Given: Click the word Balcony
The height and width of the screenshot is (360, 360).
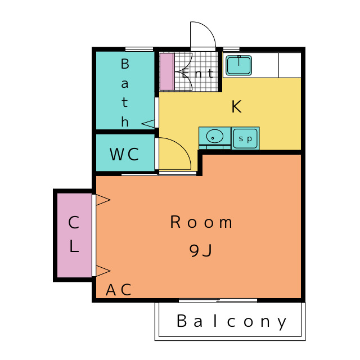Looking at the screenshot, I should [232, 322].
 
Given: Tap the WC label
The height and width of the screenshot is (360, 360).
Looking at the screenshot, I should [124, 154].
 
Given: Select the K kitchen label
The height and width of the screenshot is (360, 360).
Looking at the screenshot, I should [236, 106].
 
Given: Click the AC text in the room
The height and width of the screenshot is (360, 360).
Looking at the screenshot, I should [119, 290].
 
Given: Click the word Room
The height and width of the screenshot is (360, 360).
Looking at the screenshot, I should [201, 223].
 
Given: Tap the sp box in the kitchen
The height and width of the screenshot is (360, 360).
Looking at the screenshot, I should [246, 138].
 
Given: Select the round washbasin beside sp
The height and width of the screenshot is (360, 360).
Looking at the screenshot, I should [214, 137].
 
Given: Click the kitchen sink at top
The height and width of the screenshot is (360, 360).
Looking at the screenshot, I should [238, 65].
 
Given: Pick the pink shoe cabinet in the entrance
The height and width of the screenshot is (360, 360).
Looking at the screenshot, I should [166, 71].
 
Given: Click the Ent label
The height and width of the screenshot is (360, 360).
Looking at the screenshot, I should [197, 73].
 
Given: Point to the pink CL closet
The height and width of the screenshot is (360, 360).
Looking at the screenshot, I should [74, 235].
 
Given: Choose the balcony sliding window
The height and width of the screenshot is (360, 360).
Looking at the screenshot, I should [218, 300].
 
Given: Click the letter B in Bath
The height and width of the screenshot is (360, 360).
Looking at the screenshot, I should [125, 64].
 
